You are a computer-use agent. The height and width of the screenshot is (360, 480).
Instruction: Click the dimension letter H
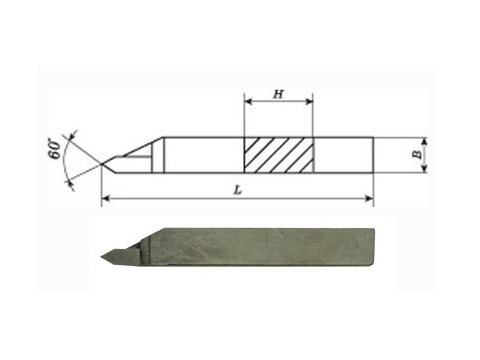[x=278, y=94]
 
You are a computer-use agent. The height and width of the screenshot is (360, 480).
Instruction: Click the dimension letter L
[x=237, y=190]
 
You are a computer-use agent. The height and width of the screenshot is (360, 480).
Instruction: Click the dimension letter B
[x=417, y=155]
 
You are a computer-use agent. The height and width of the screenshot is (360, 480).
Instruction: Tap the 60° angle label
[x=55, y=149]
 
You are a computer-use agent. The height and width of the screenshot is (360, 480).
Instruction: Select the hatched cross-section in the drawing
[x=279, y=155]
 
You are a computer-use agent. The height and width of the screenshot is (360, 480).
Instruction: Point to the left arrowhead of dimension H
[x=248, y=101]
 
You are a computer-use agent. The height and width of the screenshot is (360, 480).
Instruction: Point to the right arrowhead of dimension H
[x=309, y=101]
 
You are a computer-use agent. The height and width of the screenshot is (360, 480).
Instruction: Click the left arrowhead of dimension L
[x=105, y=199]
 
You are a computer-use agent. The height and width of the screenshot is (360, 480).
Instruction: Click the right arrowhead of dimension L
[x=369, y=199]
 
